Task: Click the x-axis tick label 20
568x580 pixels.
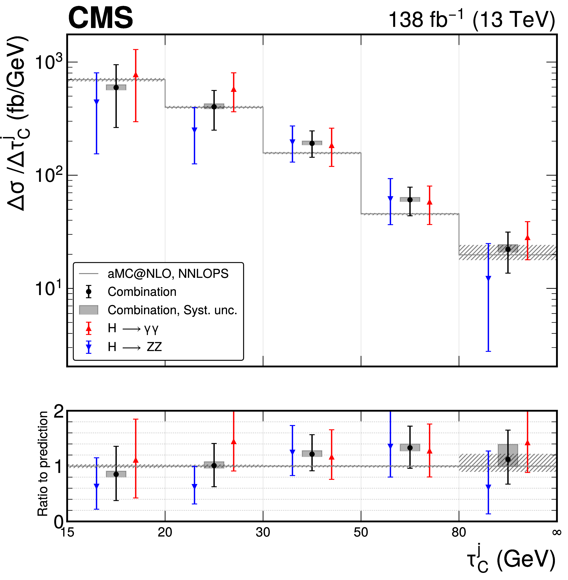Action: tap(165, 532)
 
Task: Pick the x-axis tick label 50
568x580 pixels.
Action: tap(361, 532)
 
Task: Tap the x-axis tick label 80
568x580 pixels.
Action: tap(459, 532)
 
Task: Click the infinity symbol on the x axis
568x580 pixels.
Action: tap(557, 532)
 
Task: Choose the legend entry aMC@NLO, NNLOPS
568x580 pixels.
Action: tap(168, 273)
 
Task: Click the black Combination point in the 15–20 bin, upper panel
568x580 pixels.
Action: tap(116, 87)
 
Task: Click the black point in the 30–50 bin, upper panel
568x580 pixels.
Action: tap(312, 143)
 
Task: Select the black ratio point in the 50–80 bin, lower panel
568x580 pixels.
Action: tap(410, 448)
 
